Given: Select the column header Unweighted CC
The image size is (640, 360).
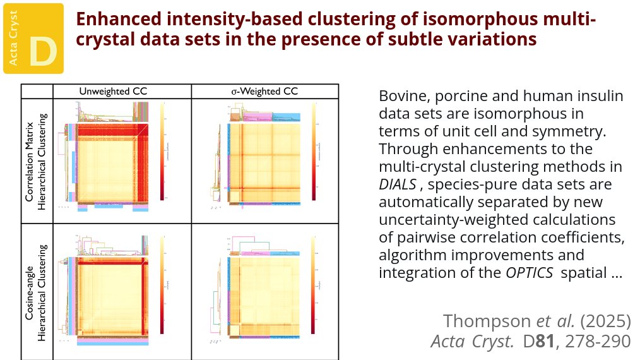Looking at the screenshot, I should [113, 91].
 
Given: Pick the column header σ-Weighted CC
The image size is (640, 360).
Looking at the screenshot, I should [264, 91].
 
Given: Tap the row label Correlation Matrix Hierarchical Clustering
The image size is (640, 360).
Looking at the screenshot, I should [37, 159].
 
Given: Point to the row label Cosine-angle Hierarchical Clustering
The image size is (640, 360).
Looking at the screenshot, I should [37, 290].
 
